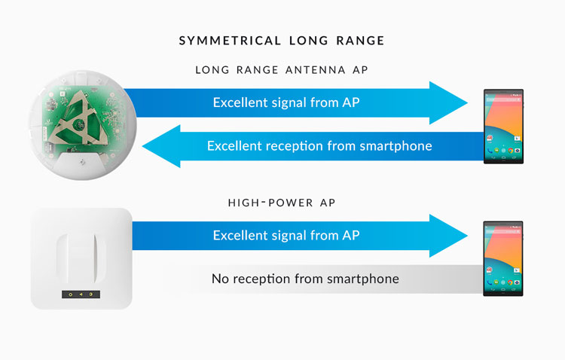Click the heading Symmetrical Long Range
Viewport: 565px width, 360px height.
[x=282, y=41]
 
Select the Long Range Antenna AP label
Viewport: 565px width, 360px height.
[x=282, y=69]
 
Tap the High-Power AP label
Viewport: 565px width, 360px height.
[x=282, y=203]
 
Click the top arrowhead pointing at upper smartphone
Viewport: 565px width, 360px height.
[x=448, y=102]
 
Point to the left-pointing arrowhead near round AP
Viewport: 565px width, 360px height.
[x=161, y=146]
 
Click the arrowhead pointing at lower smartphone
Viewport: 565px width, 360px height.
[x=448, y=236]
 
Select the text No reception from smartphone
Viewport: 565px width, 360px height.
[x=305, y=279]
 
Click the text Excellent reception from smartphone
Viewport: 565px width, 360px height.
[x=319, y=146]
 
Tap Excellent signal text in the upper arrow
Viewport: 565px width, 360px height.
[x=286, y=102]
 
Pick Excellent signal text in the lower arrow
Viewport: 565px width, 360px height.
[x=286, y=235]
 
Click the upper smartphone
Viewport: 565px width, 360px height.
[x=503, y=127]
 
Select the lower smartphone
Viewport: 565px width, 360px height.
[x=503, y=259]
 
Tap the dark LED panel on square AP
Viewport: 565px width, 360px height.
[x=81, y=294]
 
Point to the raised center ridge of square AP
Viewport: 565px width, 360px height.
[x=81, y=259]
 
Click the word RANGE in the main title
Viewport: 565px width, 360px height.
[x=360, y=41]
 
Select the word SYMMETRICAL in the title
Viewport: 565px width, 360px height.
[x=230, y=41]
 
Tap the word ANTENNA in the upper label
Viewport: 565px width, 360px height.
[x=316, y=69]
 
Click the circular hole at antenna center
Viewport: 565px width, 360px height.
[x=78, y=125]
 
